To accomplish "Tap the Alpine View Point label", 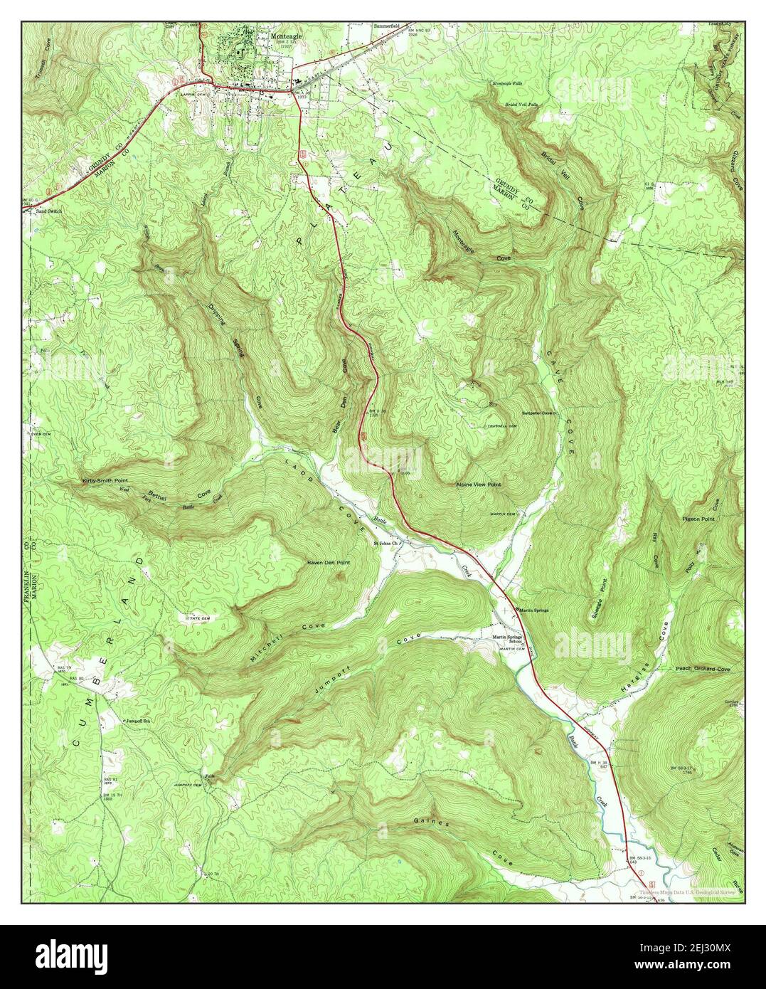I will point(478,484).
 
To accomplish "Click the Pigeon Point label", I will point(699,519).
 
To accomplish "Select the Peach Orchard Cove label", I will point(703,670).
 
